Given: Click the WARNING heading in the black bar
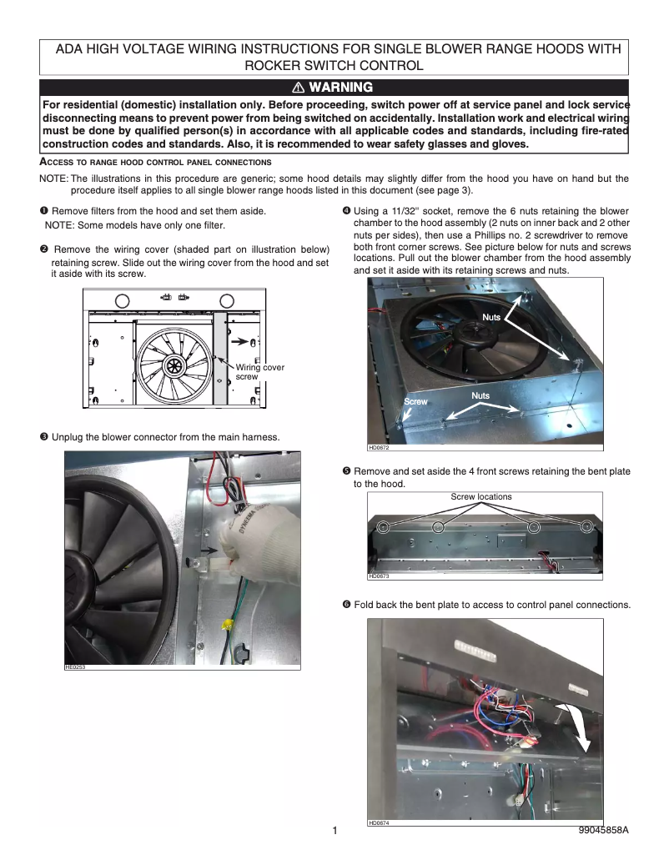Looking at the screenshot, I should tap(340, 88).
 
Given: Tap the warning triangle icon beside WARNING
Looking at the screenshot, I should tap(297, 88).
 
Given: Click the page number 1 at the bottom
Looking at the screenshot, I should tap(334, 832).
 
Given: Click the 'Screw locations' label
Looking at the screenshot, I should tap(480, 497).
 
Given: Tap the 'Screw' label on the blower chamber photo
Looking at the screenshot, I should tap(415, 402).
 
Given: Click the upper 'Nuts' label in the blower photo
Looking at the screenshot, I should tap(491, 317).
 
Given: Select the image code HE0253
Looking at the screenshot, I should tap(75, 667).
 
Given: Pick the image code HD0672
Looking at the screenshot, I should tap(379, 448).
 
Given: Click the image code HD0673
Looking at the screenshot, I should tap(379, 576).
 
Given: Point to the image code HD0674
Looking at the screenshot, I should tap(379, 823).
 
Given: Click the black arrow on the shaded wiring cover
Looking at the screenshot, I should tap(241, 341).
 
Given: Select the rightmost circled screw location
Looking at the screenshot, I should tap(586, 526).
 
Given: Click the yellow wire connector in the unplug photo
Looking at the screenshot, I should tap(225, 623).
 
